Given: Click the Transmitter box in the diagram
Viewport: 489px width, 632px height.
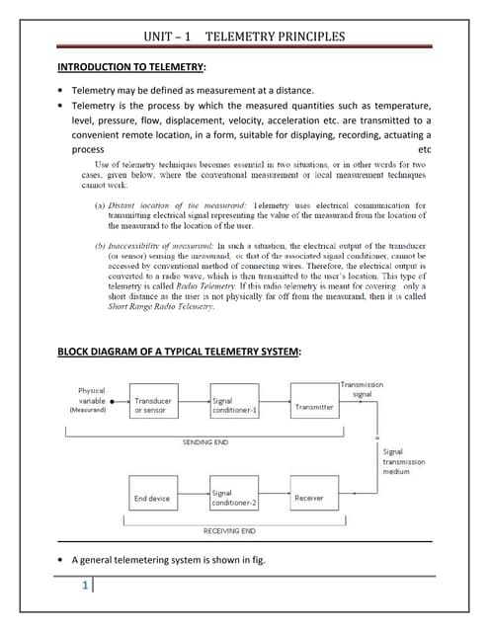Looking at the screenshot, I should click(x=314, y=406).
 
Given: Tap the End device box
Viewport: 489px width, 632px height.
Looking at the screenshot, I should click(x=152, y=498).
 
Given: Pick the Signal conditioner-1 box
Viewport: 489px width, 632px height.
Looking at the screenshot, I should click(x=234, y=406).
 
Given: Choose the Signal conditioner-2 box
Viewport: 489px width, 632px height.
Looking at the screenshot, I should click(x=234, y=498).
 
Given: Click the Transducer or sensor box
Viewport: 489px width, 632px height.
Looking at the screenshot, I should click(x=152, y=406).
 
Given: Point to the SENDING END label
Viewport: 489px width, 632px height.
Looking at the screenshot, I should click(x=204, y=442).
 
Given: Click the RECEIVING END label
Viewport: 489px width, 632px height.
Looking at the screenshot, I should click(x=229, y=531).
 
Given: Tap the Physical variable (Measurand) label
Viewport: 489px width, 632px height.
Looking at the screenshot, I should click(x=91, y=400).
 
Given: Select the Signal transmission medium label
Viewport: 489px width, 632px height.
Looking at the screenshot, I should click(x=403, y=461).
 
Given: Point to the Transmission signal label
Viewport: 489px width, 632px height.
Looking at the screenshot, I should click(x=363, y=388).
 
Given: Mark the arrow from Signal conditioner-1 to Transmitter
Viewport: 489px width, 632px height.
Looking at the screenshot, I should click(x=274, y=406).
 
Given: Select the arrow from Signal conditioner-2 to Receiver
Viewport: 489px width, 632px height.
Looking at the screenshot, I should click(x=274, y=498).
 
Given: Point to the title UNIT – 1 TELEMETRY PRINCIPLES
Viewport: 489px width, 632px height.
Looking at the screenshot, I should click(x=244, y=37).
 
